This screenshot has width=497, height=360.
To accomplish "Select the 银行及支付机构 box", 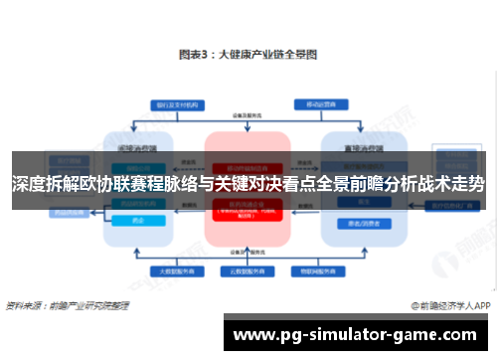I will coord(175,104).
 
